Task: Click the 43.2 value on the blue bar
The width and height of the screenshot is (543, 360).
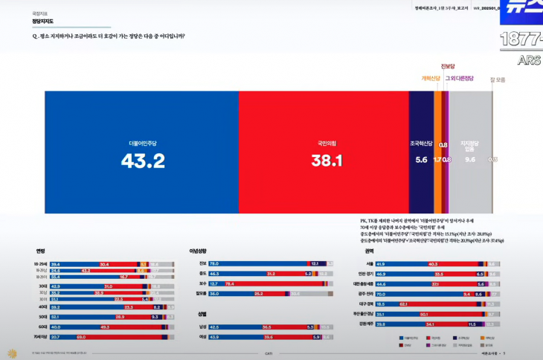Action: [x=143, y=161]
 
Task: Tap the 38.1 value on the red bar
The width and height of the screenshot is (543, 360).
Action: [x=327, y=161]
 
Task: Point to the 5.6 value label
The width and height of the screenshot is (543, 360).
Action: [x=421, y=159]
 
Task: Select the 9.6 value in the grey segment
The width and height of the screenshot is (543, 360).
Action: [x=469, y=159]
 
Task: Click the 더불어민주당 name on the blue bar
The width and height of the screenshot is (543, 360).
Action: [x=143, y=142]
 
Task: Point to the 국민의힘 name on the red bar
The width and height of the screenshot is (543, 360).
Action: [x=327, y=142]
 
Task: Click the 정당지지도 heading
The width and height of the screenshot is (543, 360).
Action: [x=43, y=22]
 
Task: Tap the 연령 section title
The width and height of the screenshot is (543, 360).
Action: [x=40, y=251]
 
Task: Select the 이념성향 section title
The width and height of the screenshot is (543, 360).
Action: [x=199, y=251]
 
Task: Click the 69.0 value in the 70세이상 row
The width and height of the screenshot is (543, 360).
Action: [x=82, y=337]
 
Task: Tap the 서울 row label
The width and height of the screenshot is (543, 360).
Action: [x=370, y=263]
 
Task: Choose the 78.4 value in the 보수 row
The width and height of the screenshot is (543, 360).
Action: [x=230, y=283]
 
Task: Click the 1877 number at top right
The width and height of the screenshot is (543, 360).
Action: [x=521, y=39]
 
